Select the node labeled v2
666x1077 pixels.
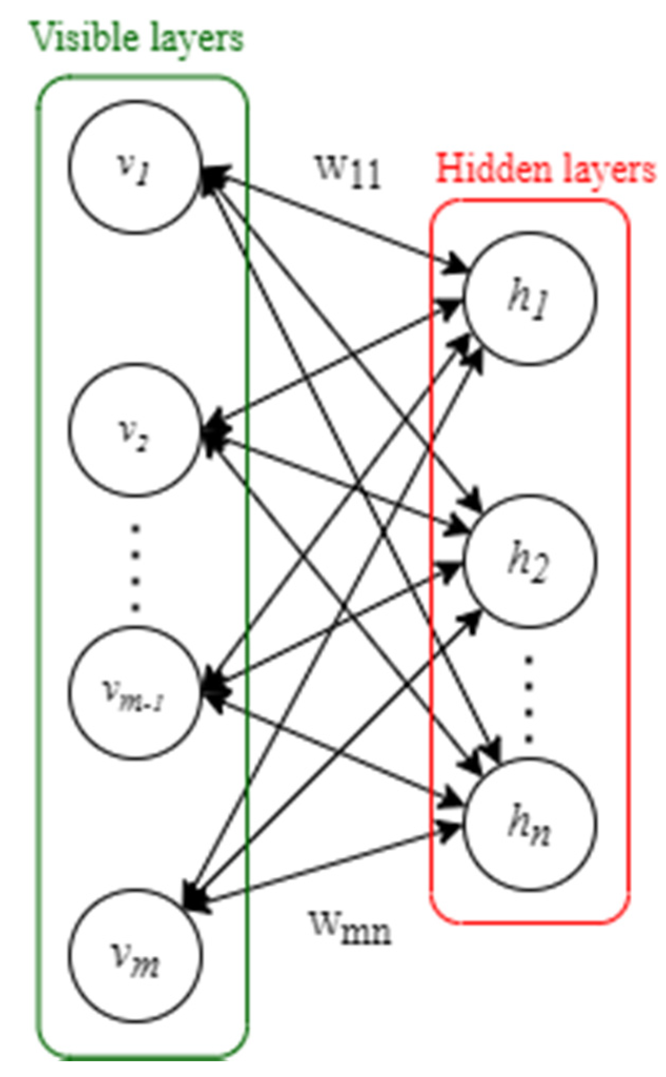tap(135, 429)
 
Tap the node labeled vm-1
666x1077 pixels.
tap(135, 693)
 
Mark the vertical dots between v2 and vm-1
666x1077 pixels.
tap(136, 568)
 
